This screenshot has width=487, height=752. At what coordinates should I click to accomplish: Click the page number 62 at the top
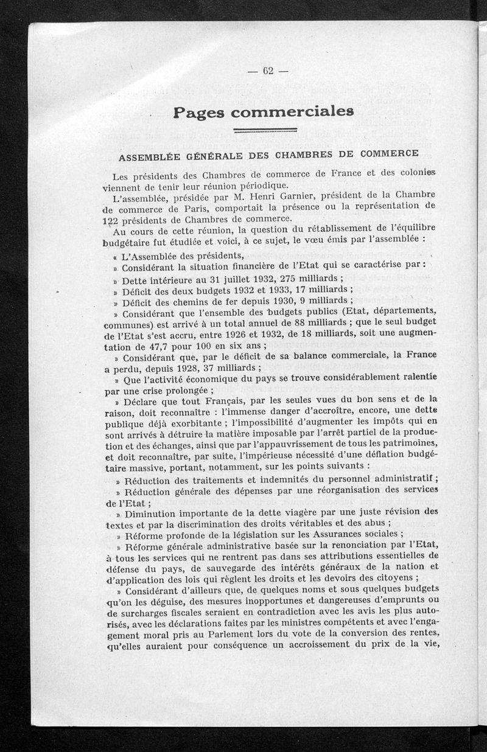(267, 71)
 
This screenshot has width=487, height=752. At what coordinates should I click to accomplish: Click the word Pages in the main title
(197, 113)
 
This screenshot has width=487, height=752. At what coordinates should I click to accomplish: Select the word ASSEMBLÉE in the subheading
(145, 157)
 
